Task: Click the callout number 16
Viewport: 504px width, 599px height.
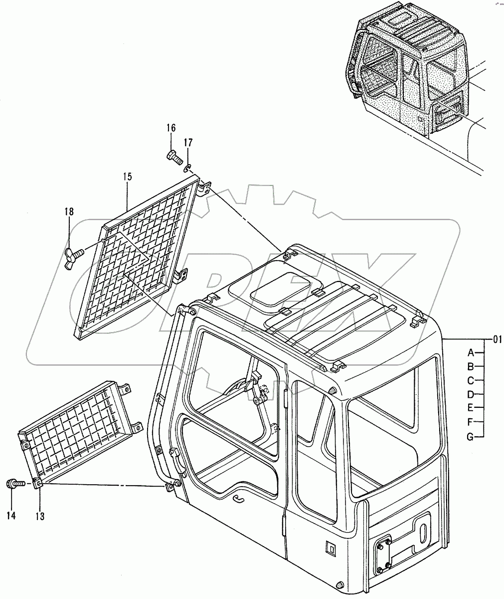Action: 170,128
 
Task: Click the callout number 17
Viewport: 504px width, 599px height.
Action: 188,143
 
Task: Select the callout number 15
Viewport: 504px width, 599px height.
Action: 127,176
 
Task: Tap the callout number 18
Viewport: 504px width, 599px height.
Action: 69,212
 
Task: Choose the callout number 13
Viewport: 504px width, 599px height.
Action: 40,517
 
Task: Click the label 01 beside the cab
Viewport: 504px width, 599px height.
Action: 497,340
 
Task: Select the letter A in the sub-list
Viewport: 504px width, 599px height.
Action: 470,352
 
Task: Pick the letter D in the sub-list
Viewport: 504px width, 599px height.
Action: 470,394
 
